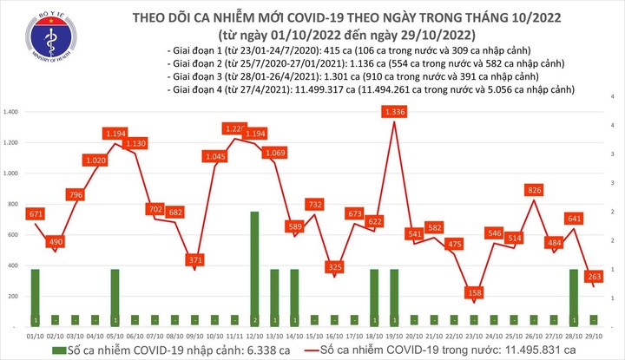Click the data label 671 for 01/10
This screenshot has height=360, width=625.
[x=36, y=213]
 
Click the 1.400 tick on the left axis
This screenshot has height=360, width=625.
[x=12, y=113]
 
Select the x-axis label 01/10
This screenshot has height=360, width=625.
[x=36, y=333]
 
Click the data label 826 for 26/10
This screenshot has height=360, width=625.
[x=536, y=190]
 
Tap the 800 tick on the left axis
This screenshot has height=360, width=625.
[x=12, y=205]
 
